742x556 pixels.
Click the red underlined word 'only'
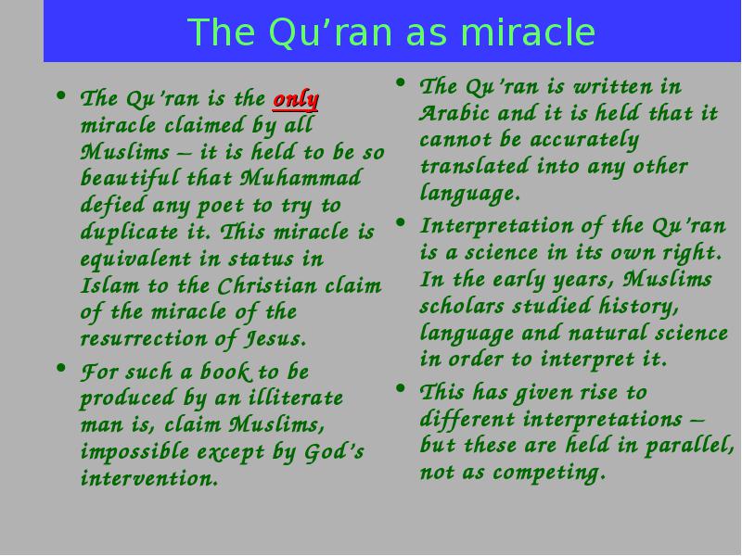pyautogui.click(x=295, y=100)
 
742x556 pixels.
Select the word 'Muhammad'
pyautogui.click(x=301, y=178)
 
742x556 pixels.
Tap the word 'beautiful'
pyautogui.click(x=130, y=179)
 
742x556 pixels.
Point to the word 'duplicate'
pyautogui.click(x=129, y=233)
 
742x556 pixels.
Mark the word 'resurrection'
pyautogui.click(x=144, y=339)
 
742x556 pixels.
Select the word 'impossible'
pyautogui.click(x=134, y=451)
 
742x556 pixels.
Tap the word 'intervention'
pyautogui.click(x=149, y=478)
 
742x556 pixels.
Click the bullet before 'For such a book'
pyautogui.click(x=61, y=367)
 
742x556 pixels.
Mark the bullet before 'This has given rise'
pyautogui.click(x=401, y=388)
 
